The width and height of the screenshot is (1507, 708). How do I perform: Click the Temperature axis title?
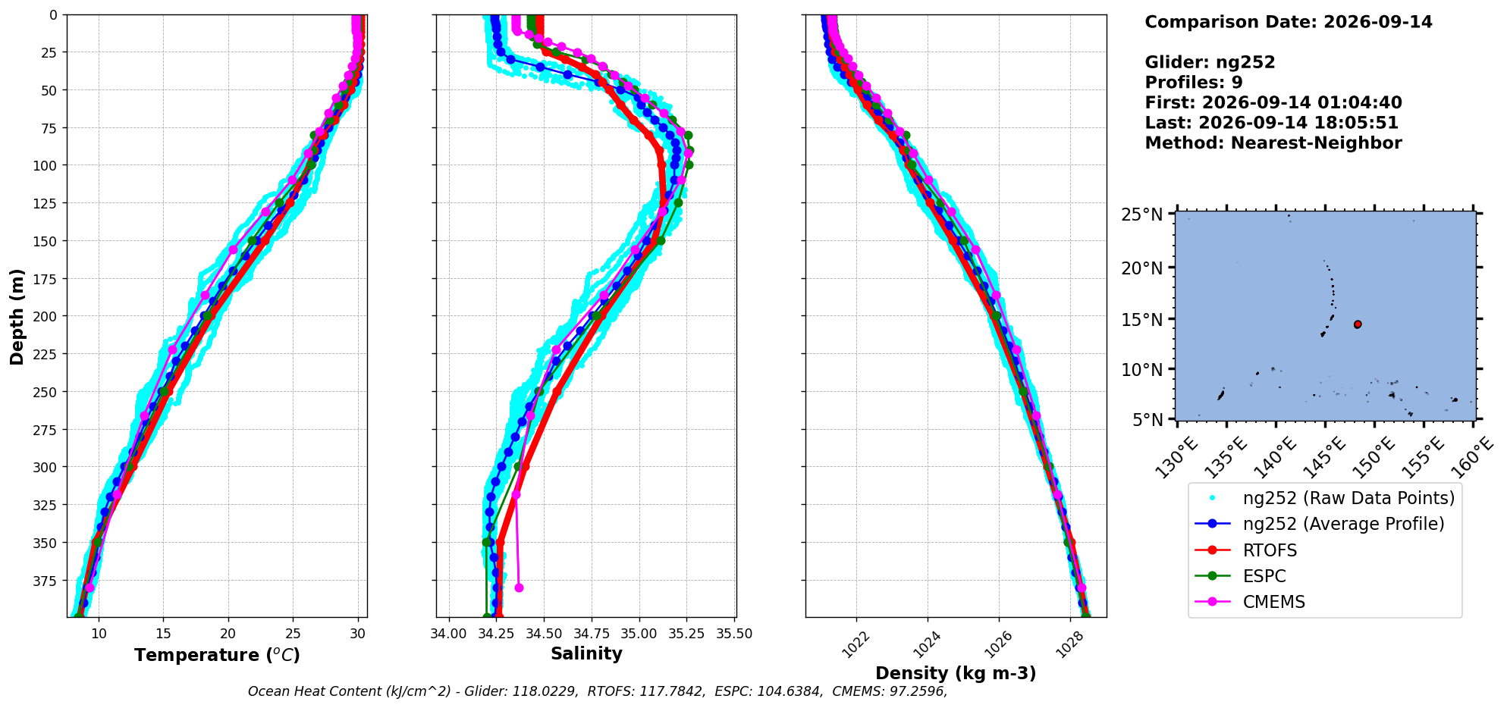click(x=217, y=655)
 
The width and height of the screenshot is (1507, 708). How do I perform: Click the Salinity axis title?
click(x=586, y=653)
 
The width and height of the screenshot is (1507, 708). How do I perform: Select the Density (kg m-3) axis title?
click(x=956, y=673)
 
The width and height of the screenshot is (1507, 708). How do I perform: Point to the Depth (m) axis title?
click(x=17, y=316)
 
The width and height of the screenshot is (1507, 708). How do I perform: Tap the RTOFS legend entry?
click(x=1270, y=550)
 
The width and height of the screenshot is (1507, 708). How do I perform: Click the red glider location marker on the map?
click(x=1358, y=324)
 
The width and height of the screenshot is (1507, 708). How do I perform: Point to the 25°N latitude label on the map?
click(x=1142, y=215)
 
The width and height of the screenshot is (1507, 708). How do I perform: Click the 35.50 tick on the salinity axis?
click(x=734, y=634)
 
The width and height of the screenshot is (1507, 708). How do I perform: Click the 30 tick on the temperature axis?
click(x=358, y=634)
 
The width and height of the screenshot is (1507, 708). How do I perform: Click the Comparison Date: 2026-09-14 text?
click(x=1289, y=22)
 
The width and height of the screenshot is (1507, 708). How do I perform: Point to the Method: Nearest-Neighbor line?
click(x=1273, y=143)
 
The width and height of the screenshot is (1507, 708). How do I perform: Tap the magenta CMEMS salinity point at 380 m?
click(x=519, y=587)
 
